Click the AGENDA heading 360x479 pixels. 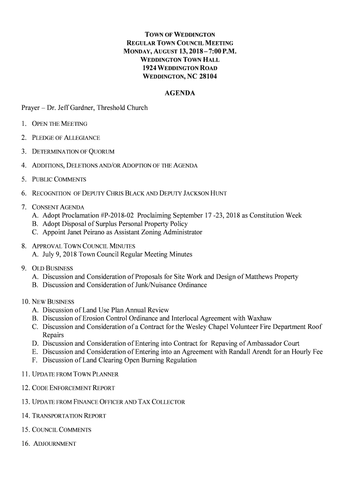(180, 94)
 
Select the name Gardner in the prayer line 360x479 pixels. (83, 108)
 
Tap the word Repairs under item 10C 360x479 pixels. (53, 335)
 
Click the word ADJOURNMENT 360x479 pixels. (55, 443)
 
